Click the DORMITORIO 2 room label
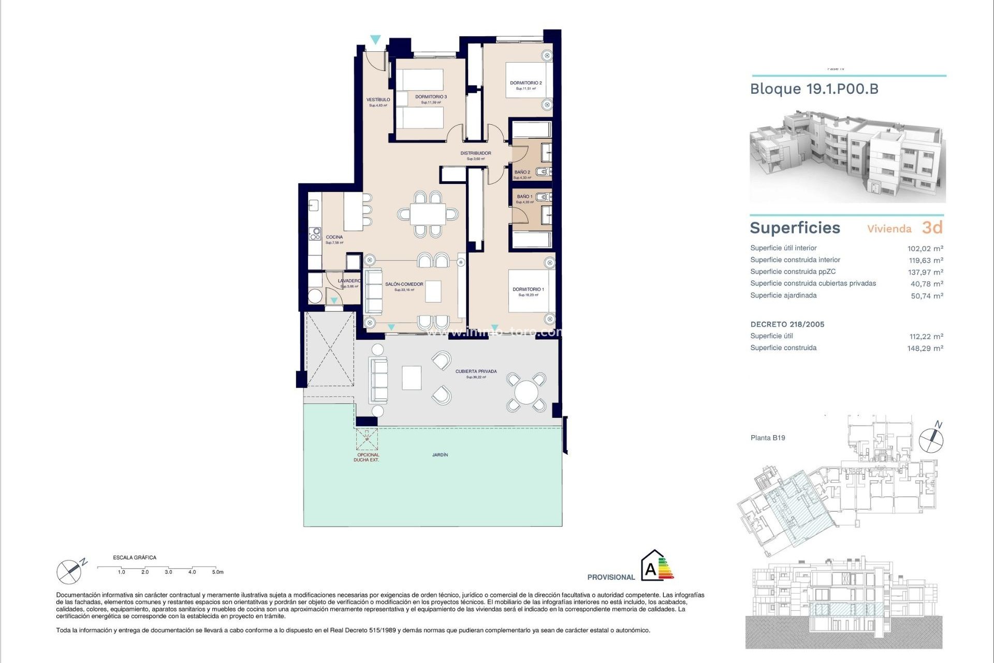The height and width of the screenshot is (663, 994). click(525, 83)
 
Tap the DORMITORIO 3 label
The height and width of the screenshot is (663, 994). click(431, 97)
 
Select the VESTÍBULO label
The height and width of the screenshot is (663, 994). click(378, 100)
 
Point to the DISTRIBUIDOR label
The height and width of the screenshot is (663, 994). click(476, 153)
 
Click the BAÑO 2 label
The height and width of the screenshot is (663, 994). click(522, 172)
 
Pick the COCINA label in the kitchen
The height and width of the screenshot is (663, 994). click(334, 237)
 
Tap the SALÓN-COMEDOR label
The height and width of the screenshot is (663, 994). click(404, 284)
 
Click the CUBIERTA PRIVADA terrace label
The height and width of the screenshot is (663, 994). click(476, 371)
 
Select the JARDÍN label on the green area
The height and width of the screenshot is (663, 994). click(440, 455)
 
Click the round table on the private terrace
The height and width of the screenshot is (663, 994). click(526, 392)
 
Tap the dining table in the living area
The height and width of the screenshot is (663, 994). click(428, 214)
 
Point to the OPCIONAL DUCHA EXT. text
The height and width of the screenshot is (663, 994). click(367, 457)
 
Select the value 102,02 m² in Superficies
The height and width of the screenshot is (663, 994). click(925, 249)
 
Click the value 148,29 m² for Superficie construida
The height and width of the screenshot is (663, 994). click(925, 348)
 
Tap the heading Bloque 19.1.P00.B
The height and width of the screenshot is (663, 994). click(814, 89)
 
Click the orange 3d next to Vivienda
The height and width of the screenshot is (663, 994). click(932, 227)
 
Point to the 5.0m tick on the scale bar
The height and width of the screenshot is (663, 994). click(217, 572)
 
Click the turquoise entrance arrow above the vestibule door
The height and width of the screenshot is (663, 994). click(375, 39)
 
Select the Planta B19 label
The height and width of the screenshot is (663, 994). click(767, 438)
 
